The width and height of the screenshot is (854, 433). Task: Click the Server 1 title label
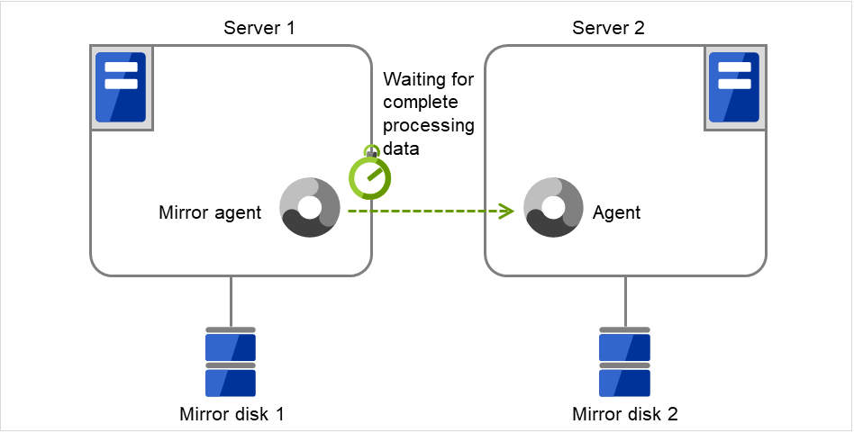pyautogui.click(x=259, y=28)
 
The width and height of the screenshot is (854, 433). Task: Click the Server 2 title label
pyautogui.click(x=608, y=28)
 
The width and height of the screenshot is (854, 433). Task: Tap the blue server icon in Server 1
pyautogui.click(x=120, y=90)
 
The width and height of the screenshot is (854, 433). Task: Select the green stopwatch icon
pyautogui.click(x=370, y=176)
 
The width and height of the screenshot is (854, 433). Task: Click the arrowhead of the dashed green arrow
pyautogui.click(x=507, y=212)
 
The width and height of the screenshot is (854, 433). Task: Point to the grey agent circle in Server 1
pyautogui.click(x=310, y=208)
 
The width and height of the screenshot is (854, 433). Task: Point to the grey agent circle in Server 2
pyautogui.click(x=553, y=208)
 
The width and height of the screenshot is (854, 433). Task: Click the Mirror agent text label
pyautogui.click(x=210, y=213)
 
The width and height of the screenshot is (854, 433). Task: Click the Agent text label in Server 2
pyautogui.click(x=617, y=213)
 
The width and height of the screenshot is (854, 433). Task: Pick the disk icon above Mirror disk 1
pyautogui.click(x=231, y=362)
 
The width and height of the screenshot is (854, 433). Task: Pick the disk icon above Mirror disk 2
pyautogui.click(x=624, y=362)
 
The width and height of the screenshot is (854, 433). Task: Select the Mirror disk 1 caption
pyautogui.click(x=232, y=415)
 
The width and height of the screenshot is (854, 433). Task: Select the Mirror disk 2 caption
pyautogui.click(x=625, y=415)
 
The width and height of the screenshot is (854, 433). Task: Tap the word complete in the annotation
pyautogui.click(x=421, y=103)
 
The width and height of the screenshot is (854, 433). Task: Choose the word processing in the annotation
pyautogui.click(x=429, y=125)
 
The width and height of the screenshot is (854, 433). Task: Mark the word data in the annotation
pyautogui.click(x=401, y=148)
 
